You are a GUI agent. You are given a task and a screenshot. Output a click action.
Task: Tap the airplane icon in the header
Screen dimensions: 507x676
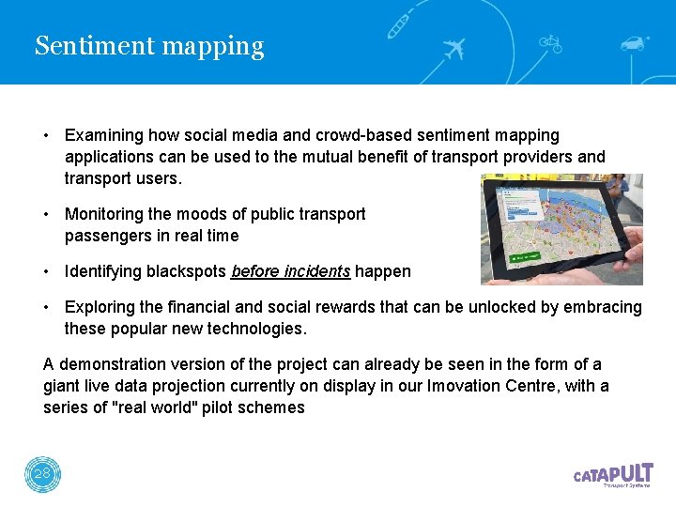click(453, 49)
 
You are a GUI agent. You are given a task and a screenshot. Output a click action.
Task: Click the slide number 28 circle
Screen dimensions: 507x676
click(42, 474)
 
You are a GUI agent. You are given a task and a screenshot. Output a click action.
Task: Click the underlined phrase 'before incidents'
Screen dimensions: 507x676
click(290, 271)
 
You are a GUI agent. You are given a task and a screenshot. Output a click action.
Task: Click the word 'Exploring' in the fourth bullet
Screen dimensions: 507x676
click(99, 307)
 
